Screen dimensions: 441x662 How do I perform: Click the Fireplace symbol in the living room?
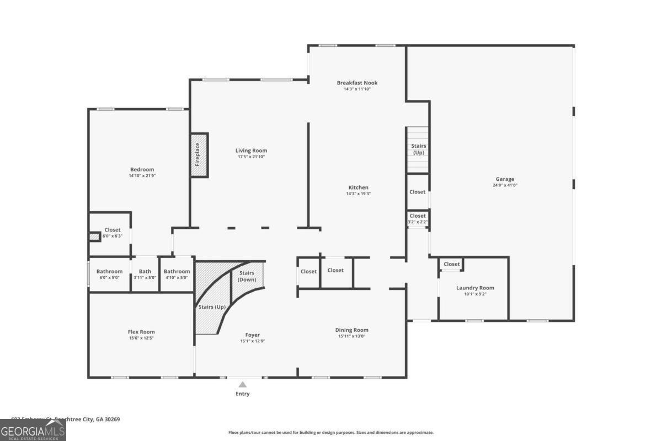(x=199, y=155)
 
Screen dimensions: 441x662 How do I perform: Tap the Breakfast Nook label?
(x=357, y=83)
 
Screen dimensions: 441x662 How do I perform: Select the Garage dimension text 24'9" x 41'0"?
(x=505, y=186)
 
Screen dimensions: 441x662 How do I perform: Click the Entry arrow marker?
(x=243, y=385)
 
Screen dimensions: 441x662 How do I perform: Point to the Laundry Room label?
(x=474, y=288)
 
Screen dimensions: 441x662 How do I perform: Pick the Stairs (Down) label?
(x=247, y=276)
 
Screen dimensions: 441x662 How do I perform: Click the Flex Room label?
(x=141, y=332)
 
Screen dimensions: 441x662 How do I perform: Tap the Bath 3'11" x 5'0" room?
(x=145, y=274)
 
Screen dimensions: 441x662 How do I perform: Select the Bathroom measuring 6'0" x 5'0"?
(x=109, y=274)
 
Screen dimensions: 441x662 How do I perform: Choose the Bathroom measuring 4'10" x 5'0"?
(x=177, y=274)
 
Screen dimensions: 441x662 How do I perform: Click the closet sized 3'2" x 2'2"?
(x=418, y=218)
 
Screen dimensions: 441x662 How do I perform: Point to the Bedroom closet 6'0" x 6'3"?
(x=113, y=233)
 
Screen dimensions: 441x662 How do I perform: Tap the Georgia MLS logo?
(x=33, y=430)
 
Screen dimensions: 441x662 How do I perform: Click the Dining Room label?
(x=351, y=330)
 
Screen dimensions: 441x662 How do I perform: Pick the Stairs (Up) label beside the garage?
(x=419, y=149)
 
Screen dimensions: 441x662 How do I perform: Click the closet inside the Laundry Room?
(x=451, y=264)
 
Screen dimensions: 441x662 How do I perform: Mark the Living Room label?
(x=251, y=150)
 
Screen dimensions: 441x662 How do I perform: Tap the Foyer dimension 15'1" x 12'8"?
(x=252, y=341)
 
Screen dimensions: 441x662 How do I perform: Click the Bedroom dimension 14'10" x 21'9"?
(x=142, y=176)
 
